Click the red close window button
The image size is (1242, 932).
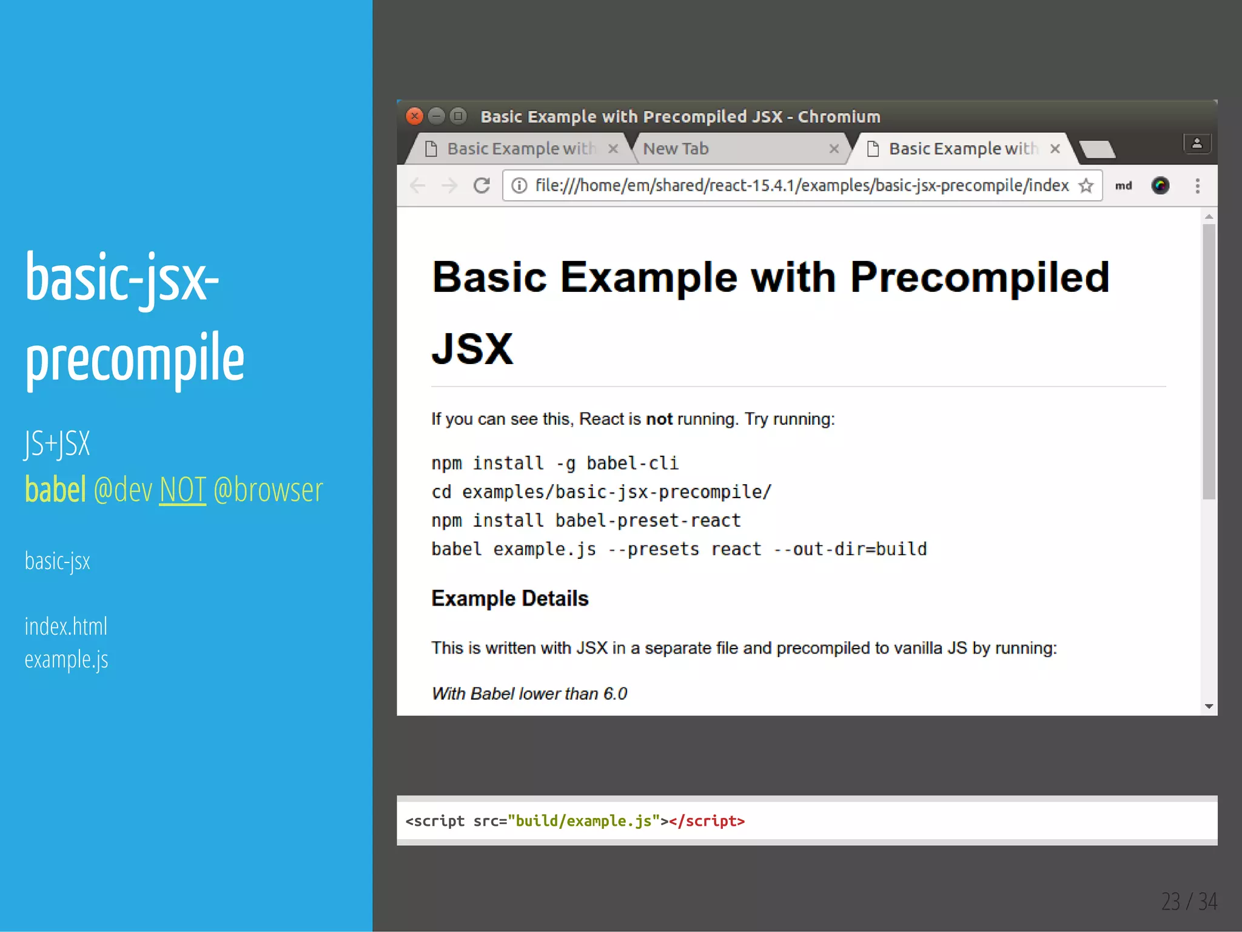tap(414, 116)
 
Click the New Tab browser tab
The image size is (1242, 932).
tap(676, 149)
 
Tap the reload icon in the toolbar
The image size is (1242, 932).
tap(482, 186)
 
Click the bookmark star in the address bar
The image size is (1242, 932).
tap(1086, 186)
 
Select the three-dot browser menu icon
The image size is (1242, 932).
tap(1197, 186)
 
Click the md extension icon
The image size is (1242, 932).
tap(1123, 186)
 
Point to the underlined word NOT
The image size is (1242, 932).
tap(183, 490)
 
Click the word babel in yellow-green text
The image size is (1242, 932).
tap(55, 490)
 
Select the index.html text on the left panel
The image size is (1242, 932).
tap(66, 626)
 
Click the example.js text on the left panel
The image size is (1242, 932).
tap(67, 660)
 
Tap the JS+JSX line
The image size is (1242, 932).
tap(58, 444)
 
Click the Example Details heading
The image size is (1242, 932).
tap(509, 598)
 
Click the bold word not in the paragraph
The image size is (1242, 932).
tap(659, 419)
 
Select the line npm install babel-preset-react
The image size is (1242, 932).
tap(586, 521)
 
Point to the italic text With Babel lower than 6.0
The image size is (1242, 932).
tap(529, 694)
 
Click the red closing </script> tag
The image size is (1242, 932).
tap(707, 821)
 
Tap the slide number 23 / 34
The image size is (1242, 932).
tap(1189, 902)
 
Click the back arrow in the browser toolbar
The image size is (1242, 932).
tap(417, 186)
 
